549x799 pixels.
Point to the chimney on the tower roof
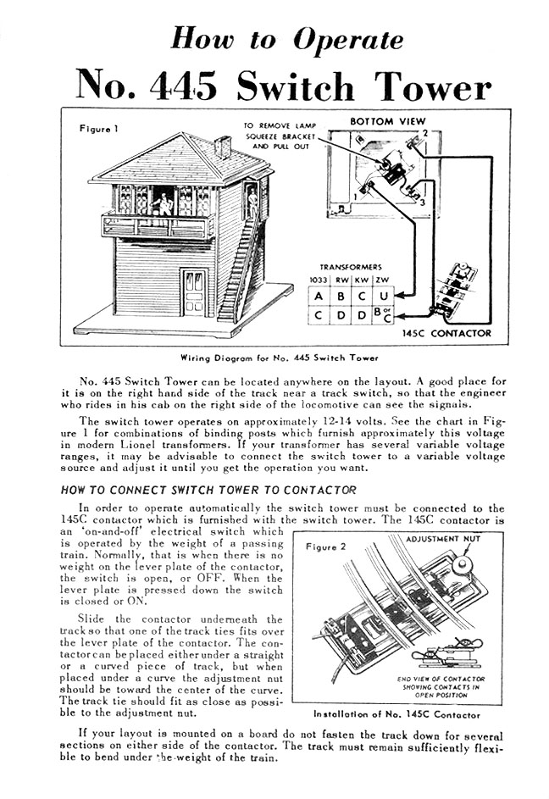[224, 147]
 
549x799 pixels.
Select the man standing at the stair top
[252, 202]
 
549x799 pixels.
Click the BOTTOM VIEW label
[388, 121]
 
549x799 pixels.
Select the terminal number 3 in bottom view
[421, 203]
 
